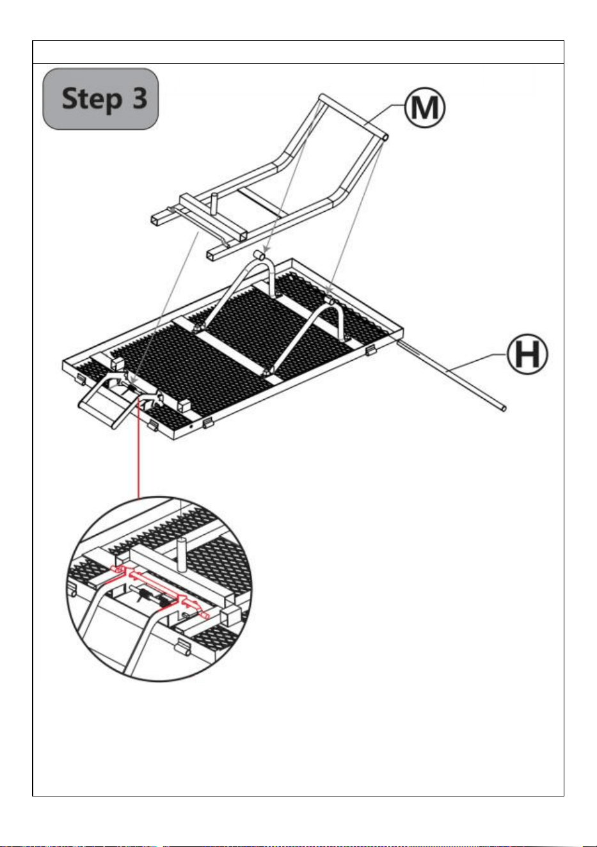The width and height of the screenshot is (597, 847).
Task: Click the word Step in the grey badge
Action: click(x=92, y=99)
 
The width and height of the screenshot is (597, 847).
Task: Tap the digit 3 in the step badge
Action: click(x=139, y=97)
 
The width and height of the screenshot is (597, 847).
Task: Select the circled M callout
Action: click(x=424, y=107)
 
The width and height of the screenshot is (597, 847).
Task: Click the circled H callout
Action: click(x=527, y=354)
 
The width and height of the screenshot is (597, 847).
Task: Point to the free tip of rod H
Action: click(x=504, y=408)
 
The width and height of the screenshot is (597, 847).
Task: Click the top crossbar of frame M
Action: click(x=353, y=116)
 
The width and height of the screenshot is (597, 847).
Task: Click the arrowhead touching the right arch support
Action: click(x=328, y=291)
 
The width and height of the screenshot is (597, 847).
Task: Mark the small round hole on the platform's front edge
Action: click(x=191, y=426)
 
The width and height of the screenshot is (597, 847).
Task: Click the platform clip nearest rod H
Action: click(x=370, y=351)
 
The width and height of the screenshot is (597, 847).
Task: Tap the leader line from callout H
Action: click(x=477, y=363)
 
